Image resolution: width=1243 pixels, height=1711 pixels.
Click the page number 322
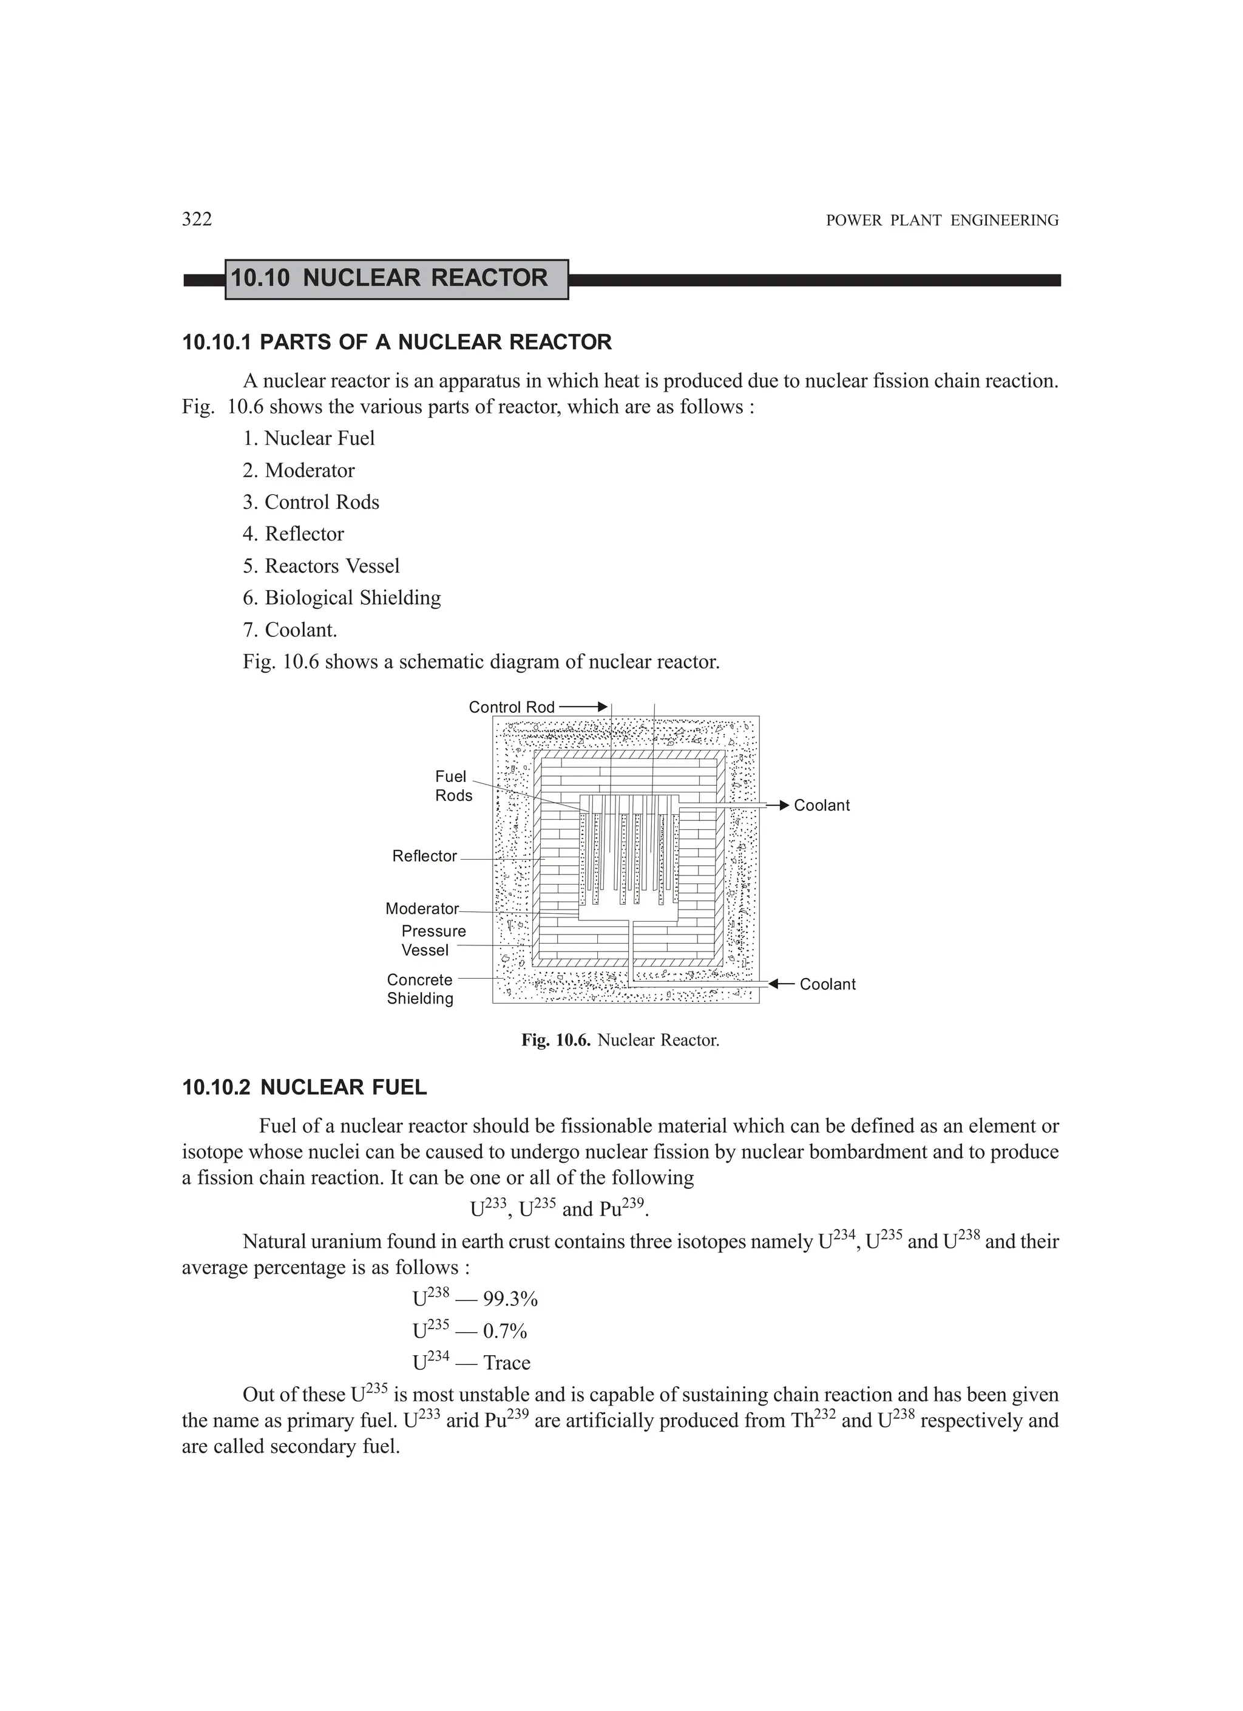pos(197,220)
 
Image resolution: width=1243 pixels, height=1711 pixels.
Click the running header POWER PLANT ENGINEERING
pos(942,221)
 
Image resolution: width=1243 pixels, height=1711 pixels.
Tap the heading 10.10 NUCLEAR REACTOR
pos(389,278)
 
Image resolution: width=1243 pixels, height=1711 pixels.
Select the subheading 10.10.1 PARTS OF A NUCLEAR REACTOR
pos(397,342)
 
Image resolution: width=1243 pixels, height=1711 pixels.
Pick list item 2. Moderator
pos(299,471)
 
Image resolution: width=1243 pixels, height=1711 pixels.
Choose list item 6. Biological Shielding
pos(342,598)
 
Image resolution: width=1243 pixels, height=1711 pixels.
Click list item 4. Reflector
pos(293,534)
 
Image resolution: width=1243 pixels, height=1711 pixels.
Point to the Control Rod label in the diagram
pos(512,707)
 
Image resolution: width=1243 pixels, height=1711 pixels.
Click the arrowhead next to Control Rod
pos(602,707)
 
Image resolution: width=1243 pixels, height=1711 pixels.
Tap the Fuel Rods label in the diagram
pos(453,786)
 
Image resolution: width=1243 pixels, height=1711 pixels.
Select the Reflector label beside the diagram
pos(424,856)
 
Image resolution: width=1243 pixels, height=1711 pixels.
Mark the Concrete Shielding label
pos(420,989)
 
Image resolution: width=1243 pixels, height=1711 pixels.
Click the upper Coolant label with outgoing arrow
pos(821,806)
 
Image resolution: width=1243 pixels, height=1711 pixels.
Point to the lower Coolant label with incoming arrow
pos(827,984)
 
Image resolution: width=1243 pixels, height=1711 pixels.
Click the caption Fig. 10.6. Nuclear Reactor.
pos(621,1040)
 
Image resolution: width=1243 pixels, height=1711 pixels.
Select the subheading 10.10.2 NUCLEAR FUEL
pos(305,1088)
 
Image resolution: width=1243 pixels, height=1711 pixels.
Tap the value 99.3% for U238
pos(510,1299)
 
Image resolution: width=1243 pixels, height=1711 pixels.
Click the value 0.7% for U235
pos(504,1332)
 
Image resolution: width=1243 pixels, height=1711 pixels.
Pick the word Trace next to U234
pos(507,1363)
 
